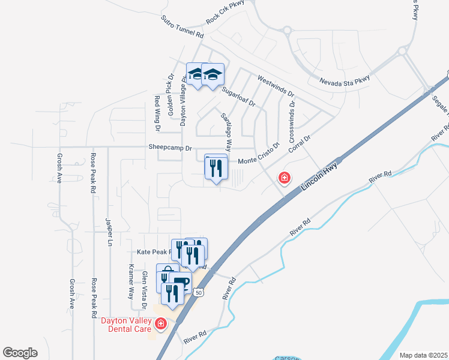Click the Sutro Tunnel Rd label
click(x=182, y=27)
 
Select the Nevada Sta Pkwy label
click(x=344, y=82)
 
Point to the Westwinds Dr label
click(x=276, y=86)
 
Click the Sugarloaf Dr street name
click(x=238, y=97)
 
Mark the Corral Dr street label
click(x=299, y=145)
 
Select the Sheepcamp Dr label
click(x=170, y=148)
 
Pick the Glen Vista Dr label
click(x=144, y=290)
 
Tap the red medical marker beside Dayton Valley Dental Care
click(x=160, y=325)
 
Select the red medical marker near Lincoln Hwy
click(x=284, y=178)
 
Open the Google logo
click(x=20, y=353)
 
